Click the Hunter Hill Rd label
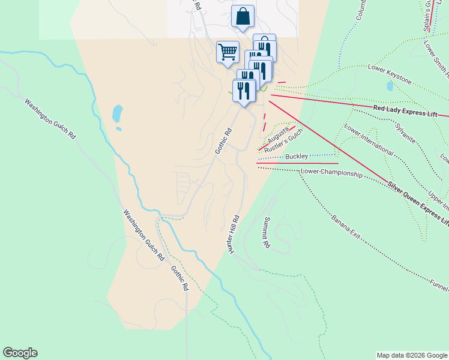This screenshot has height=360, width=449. tap(234, 234)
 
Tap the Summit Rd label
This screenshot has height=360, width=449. tap(265, 233)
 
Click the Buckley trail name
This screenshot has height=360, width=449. tap(297, 157)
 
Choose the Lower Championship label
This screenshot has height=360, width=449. tap(331, 173)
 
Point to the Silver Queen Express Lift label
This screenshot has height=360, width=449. tap(417, 203)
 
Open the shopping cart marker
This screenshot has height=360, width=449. tap(228, 52)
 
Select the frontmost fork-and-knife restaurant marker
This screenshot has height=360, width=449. tap(244, 91)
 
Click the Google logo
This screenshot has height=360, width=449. tap(20, 353)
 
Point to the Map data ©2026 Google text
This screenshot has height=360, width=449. tap(411, 355)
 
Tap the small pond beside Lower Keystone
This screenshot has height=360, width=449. tap(391, 86)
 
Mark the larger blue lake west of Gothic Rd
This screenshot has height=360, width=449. tap(117, 113)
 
